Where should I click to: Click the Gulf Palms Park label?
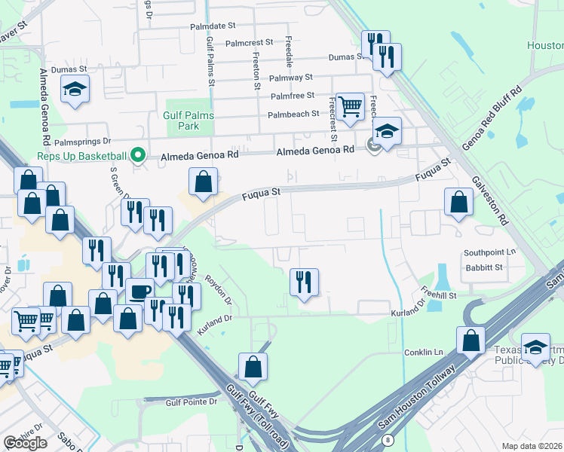pos(189,121)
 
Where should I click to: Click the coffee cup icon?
pos(141,291)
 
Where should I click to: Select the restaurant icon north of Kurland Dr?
pos(304,282)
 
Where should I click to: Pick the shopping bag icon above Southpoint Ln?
pos(458,201)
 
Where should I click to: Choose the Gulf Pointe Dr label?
pos(191,402)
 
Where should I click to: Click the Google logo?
pos(25,443)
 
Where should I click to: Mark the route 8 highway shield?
pos(386,438)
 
